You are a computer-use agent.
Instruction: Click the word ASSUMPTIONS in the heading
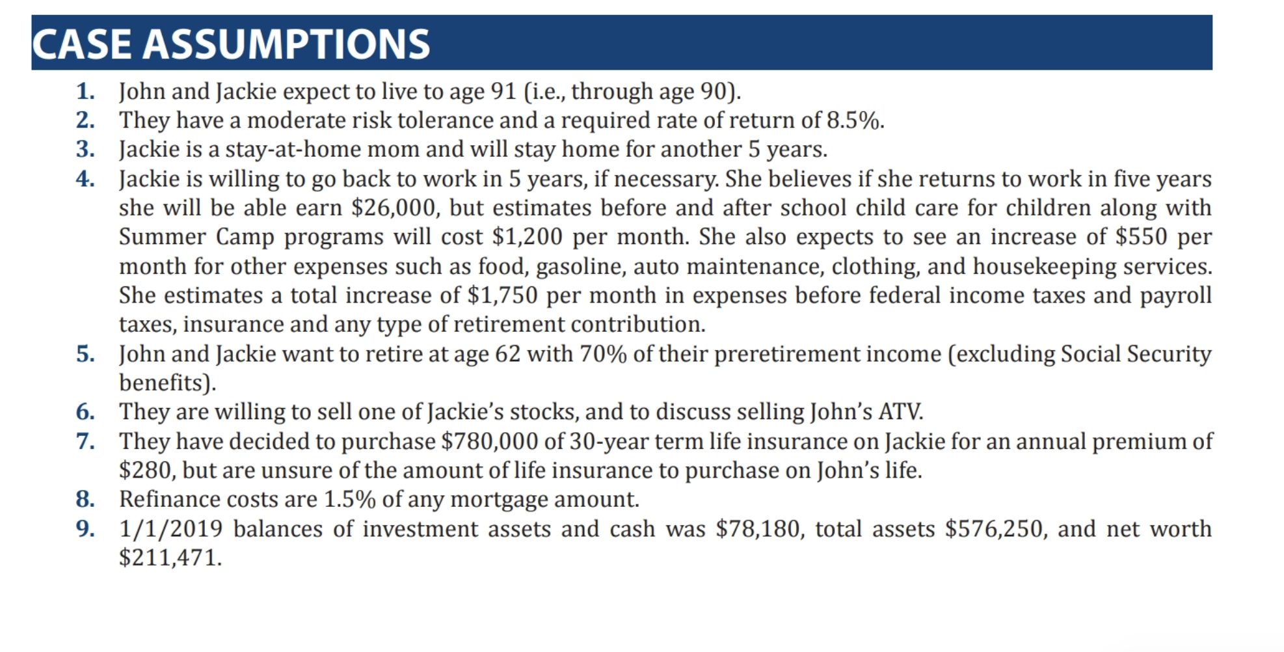(x=286, y=44)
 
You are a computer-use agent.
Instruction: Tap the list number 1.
(x=85, y=91)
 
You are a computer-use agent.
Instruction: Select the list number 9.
(x=85, y=528)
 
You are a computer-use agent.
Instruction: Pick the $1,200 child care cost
(x=527, y=237)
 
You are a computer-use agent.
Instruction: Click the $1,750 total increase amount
(x=503, y=295)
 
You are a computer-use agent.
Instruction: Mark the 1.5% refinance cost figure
(x=350, y=500)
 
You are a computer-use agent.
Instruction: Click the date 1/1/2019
(x=171, y=528)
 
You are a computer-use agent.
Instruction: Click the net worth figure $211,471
(x=170, y=558)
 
